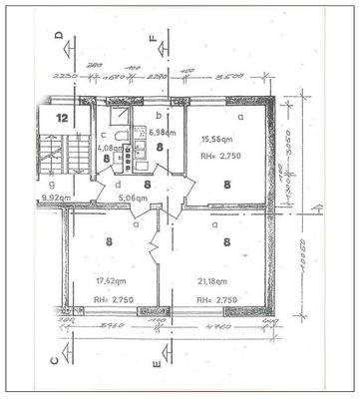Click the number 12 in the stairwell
tap(62, 118)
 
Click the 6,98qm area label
tap(163, 133)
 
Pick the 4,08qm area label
tap(111, 151)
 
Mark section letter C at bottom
tap(60, 365)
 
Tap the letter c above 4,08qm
tap(104, 135)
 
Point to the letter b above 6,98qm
tap(160, 118)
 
